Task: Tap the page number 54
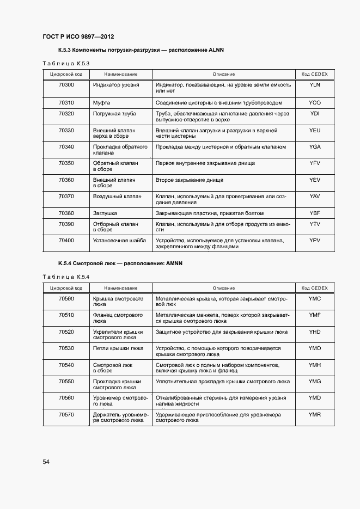(x=46, y=462)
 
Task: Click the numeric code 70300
(x=66, y=85)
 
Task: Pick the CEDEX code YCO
(x=315, y=102)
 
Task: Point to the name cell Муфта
(x=102, y=102)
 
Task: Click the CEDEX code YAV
(x=315, y=196)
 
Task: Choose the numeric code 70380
(x=66, y=213)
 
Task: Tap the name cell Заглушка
(x=105, y=213)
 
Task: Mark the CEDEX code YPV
(x=315, y=240)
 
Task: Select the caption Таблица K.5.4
(x=65, y=277)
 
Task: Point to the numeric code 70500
(x=66, y=299)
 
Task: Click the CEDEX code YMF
(x=315, y=315)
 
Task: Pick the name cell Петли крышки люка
(x=118, y=347)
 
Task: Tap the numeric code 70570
(x=66, y=414)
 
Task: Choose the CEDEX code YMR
(x=315, y=414)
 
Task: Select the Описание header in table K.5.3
(x=223, y=74)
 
